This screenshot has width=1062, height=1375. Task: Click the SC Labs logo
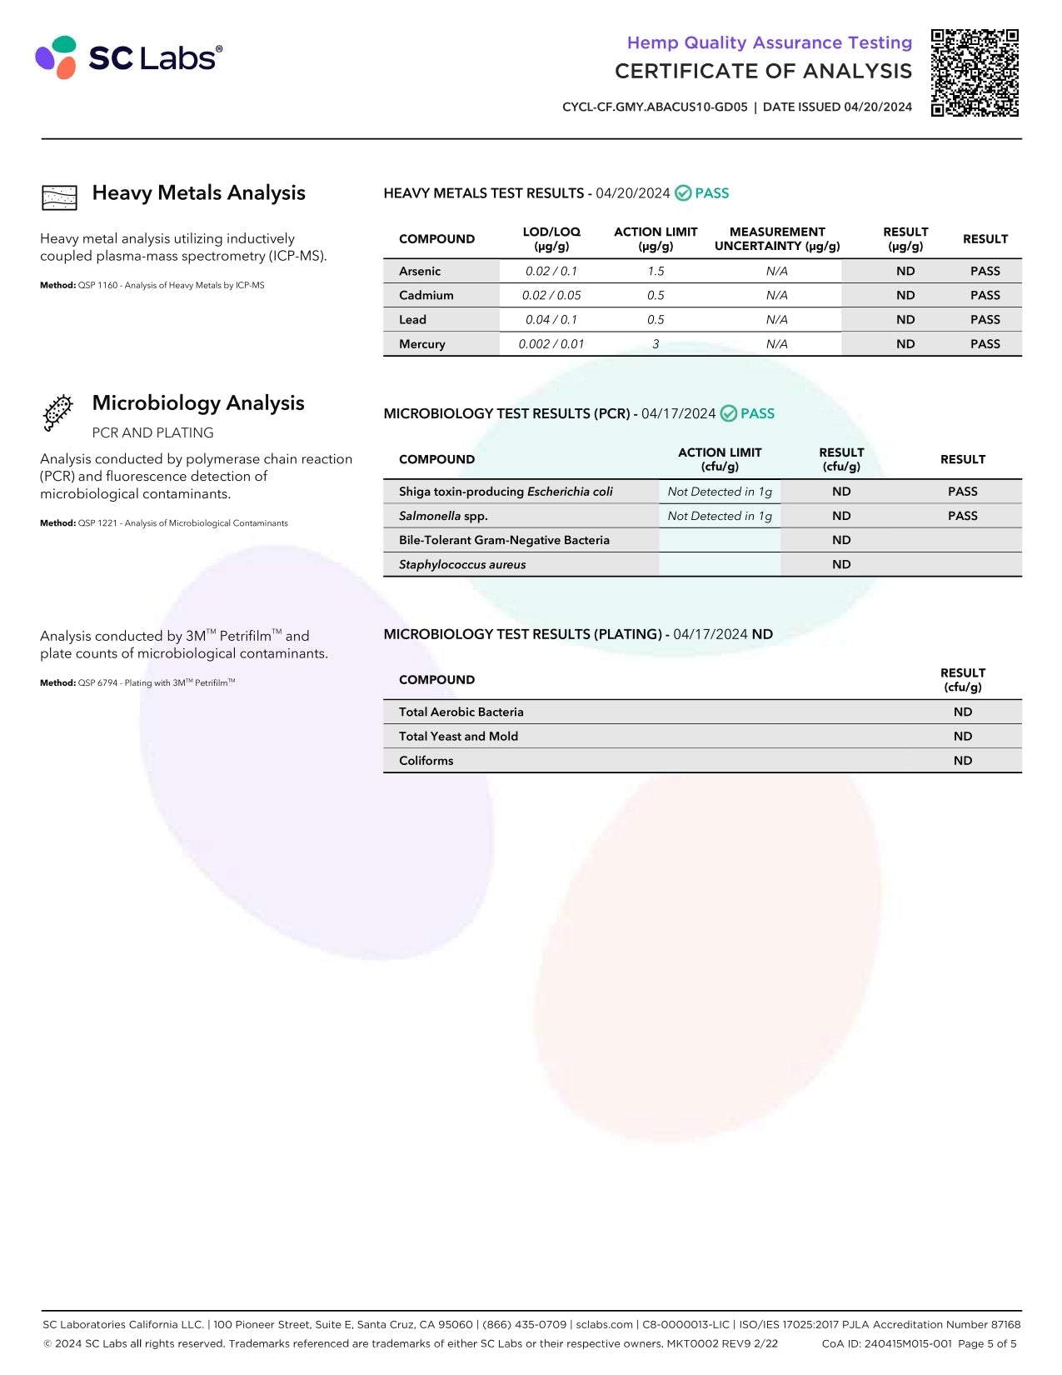pyautogui.click(x=128, y=57)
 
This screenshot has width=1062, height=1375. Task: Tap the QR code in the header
pyautogui.click(x=975, y=72)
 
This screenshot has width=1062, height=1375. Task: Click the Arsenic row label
pyautogui.click(x=420, y=271)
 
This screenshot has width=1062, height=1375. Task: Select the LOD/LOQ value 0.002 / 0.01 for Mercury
pyautogui.click(x=551, y=344)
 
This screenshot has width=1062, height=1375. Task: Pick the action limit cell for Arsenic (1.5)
pyautogui.click(x=656, y=271)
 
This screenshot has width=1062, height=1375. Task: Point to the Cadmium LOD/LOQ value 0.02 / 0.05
pyautogui.click(x=551, y=295)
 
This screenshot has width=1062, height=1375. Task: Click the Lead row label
pyautogui.click(x=412, y=320)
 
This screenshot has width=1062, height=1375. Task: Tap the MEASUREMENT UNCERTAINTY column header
pyautogui.click(x=776, y=238)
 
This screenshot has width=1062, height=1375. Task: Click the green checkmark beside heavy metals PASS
pyautogui.click(x=683, y=193)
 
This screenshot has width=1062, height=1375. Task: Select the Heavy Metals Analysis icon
pyautogui.click(x=59, y=197)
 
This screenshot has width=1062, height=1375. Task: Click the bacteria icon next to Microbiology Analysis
pyautogui.click(x=58, y=412)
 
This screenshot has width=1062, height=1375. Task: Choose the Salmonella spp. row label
pyautogui.click(x=443, y=516)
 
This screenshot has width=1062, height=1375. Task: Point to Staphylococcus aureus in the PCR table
pyautogui.click(x=462, y=565)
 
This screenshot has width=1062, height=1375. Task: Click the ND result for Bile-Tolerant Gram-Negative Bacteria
pyautogui.click(x=841, y=540)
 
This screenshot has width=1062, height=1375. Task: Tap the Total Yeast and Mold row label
pyautogui.click(x=458, y=737)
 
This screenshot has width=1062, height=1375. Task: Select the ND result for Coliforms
pyautogui.click(x=962, y=761)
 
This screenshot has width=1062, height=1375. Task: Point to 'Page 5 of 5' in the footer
pyautogui.click(x=987, y=1343)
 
